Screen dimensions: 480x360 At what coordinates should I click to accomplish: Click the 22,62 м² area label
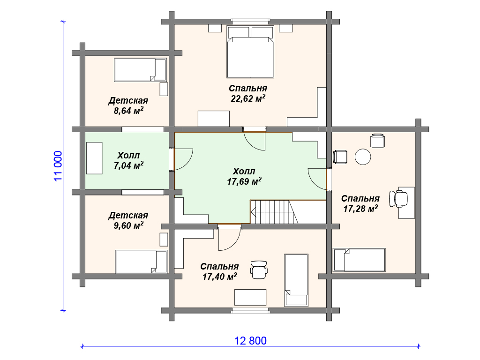248,98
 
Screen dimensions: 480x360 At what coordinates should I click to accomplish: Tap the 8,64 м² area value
128,111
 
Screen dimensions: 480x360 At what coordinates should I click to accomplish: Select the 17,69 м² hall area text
244,181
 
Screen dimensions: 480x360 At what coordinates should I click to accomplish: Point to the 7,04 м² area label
128,165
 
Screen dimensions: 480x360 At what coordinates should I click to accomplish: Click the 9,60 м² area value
128,225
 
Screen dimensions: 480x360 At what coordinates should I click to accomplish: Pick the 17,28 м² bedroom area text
360,209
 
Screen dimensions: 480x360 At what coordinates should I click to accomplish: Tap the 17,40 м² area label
219,277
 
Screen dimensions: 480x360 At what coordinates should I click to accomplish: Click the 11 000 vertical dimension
58,166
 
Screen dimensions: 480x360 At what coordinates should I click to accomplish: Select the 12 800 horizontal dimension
250,340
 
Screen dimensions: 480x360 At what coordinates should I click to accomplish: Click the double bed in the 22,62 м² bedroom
250,52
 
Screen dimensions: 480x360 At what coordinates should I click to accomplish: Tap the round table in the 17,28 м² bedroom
363,157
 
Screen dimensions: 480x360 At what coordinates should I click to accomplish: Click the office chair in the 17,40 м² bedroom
259,270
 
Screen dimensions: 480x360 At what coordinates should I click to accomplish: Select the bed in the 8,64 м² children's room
141,70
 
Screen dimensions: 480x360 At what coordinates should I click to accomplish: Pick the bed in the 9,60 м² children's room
142,262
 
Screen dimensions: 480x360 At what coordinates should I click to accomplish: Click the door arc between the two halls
184,159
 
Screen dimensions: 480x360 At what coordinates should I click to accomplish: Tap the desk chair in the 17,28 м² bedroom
398,199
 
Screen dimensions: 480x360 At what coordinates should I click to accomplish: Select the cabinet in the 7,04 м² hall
94,158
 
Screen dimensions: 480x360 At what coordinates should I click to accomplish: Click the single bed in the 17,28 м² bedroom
359,260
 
